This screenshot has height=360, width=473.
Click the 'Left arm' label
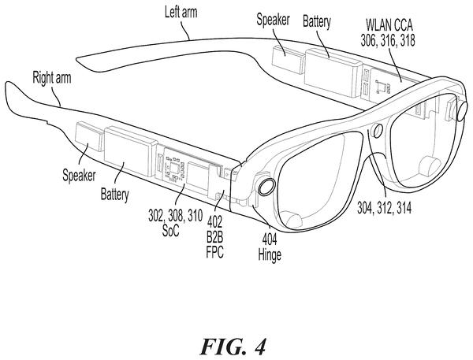(x=181, y=13)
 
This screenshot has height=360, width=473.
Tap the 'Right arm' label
(x=52, y=78)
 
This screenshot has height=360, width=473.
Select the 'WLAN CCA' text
(x=389, y=25)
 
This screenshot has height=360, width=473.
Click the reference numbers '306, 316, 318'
(x=388, y=40)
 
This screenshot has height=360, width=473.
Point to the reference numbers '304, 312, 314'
(x=385, y=208)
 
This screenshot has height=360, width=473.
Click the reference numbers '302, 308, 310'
(x=175, y=216)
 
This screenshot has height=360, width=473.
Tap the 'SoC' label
(x=170, y=231)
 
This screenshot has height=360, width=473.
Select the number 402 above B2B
(x=214, y=222)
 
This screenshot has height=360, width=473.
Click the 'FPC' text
(x=214, y=252)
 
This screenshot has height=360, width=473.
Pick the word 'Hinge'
(x=270, y=255)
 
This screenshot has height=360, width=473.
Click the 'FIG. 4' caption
(x=233, y=347)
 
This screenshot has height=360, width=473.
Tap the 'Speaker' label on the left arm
(x=273, y=20)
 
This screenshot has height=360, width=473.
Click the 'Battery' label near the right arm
(x=114, y=195)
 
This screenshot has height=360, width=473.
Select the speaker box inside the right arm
(x=89, y=136)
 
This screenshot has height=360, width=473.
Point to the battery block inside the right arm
(x=131, y=151)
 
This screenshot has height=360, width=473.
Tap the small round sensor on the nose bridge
(x=378, y=131)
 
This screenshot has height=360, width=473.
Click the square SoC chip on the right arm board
(x=175, y=168)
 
